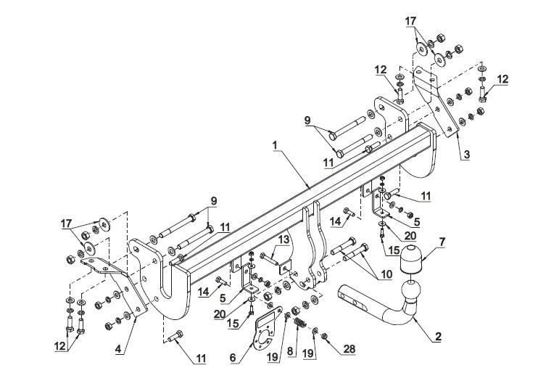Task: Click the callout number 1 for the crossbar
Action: click(x=275, y=146)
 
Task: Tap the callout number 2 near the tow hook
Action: click(x=438, y=337)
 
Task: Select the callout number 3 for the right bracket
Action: click(x=466, y=155)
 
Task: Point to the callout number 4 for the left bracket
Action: click(x=118, y=349)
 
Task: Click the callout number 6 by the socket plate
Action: click(x=233, y=358)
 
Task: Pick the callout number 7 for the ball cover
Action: click(x=442, y=242)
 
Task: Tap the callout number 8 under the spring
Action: click(x=290, y=351)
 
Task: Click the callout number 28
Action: click(x=349, y=349)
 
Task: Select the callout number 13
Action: click(x=284, y=239)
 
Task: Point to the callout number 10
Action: click(x=386, y=274)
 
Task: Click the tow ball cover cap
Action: click(x=412, y=258)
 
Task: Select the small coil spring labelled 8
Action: click(x=299, y=324)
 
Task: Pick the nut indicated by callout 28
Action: click(x=324, y=336)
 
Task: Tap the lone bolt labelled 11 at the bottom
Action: click(x=175, y=336)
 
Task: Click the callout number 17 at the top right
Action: click(x=410, y=21)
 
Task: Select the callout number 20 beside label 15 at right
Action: click(x=410, y=236)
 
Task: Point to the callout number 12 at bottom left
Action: click(x=60, y=346)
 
